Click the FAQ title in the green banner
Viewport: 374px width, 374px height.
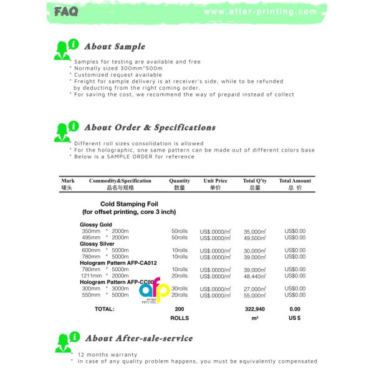click(x=65, y=12)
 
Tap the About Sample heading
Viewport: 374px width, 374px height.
click(x=114, y=47)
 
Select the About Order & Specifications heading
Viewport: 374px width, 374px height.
click(x=150, y=127)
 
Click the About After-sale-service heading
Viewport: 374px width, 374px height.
click(x=138, y=338)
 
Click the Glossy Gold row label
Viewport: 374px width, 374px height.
click(x=96, y=224)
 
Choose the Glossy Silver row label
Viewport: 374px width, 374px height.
click(x=97, y=244)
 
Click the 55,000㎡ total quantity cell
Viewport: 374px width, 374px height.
click(x=255, y=295)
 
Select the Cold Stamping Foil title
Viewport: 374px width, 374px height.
click(x=128, y=204)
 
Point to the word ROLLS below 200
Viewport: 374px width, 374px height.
click(x=180, y=318)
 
